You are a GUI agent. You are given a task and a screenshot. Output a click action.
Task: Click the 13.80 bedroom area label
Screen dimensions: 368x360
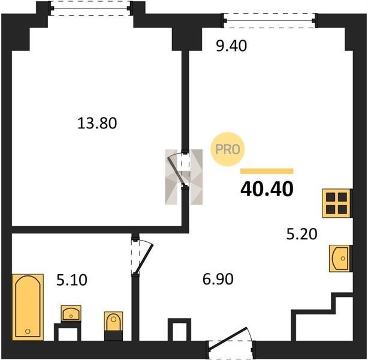tap(97, 124)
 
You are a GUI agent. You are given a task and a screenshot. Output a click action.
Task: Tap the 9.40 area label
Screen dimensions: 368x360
tap(231, 46)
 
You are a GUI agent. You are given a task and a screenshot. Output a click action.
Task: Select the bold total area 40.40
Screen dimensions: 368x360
tap(267, 189)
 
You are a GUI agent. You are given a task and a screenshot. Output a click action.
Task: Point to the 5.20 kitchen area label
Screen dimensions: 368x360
tap(302, 234)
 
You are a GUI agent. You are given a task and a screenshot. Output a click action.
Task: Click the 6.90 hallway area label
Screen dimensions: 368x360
tap(218, 279)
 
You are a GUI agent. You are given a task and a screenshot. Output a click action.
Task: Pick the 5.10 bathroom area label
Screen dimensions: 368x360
tap(72, 280)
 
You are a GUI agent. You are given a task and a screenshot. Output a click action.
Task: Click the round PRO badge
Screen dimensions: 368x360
tap(228, 149)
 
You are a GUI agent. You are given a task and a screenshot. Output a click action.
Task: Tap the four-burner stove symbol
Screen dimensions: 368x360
tap(336, 203)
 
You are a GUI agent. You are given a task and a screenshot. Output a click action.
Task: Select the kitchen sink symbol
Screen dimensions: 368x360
tap(340, 259)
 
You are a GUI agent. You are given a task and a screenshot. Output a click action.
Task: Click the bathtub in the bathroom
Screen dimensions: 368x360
tap(28, 307)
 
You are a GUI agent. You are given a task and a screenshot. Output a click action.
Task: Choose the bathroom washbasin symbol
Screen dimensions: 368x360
tap(71, 313)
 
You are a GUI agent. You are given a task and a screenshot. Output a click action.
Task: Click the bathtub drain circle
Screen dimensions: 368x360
tap(28, 331)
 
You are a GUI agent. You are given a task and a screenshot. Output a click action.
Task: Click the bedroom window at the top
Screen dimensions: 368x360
tap(91, 8)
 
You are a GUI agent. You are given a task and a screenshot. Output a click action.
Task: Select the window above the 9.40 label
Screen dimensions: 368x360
tap(270, 20)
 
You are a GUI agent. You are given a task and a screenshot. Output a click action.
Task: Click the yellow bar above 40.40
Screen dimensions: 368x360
tap(267, 171)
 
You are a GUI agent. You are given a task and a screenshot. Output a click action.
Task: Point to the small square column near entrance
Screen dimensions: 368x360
tap(179, 329)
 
